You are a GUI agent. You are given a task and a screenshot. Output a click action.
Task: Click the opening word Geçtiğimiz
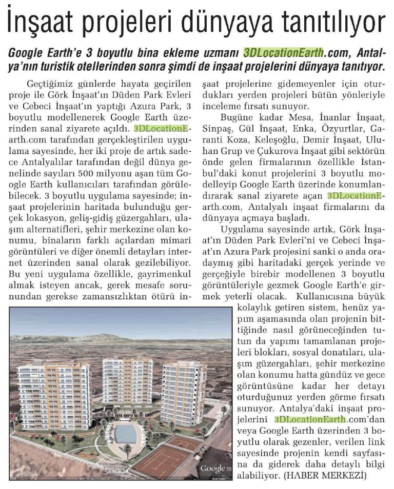pyautogui.click(x=49, y=84)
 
